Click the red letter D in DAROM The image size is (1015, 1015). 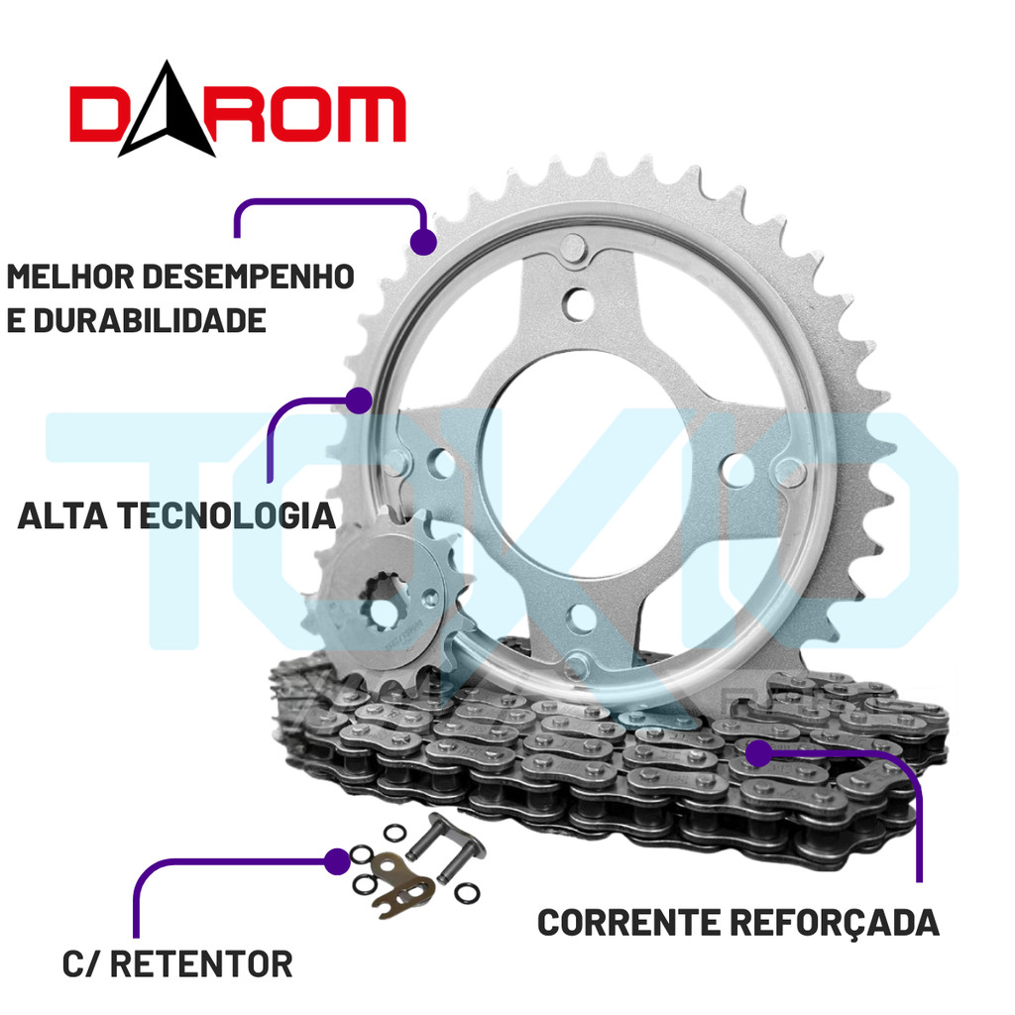point(97,114)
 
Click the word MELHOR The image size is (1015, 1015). point(70,277)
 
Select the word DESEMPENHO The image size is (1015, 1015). point(248,277)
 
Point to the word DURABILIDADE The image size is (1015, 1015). point(150,320)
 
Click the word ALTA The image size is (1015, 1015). point(62,516)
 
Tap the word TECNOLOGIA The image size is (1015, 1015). point(227,516)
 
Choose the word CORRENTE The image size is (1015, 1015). point(627,923)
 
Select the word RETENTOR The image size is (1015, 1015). point(201,964)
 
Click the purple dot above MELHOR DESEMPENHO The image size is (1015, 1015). point(423,242)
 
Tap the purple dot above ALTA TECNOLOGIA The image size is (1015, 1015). point(359,400)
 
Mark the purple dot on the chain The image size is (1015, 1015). point(758,753)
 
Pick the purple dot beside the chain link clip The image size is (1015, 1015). point(337,861)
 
